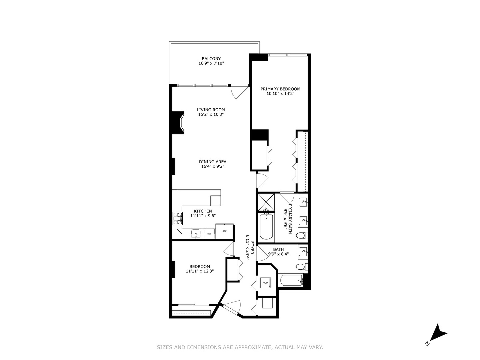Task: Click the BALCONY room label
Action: click(211, 59)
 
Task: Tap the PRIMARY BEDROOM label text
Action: click(280, 89)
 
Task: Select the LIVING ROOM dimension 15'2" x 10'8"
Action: click(211, 114)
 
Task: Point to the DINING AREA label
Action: click(213, 162)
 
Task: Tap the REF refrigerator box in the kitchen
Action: click(225, 231)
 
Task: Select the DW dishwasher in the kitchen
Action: click(209, 234)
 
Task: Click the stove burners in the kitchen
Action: click(178, 218)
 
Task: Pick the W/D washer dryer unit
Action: click(266, 283)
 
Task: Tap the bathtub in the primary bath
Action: click(266, 227)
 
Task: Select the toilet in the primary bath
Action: click(302, 235)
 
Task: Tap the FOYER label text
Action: click(252, 248)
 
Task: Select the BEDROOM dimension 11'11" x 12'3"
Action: click(200, 271)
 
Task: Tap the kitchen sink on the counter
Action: click(196, 232)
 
